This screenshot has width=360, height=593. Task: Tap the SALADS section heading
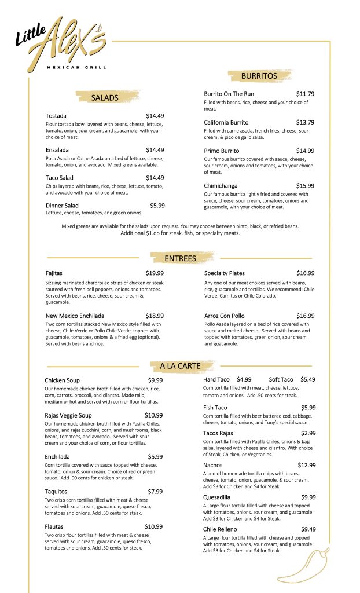(x=105, y=98)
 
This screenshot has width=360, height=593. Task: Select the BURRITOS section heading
(x=259, y=76)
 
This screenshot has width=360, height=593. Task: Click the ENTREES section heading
(x=180, y=258)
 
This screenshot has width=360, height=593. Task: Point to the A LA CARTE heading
(x=180, y=366)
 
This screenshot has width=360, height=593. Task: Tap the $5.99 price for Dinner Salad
(x=157, y=206)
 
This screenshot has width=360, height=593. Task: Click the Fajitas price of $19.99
(x=155, y=273)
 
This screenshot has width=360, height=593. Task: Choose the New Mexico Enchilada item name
(x=75, y=316)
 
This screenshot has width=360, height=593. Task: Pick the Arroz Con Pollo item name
(x=225, y=316)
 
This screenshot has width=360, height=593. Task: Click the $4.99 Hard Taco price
(x=244, y=379)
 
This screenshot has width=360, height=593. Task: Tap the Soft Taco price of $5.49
(x=307, y=379)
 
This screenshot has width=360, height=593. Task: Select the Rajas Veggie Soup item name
(x=68, y=415)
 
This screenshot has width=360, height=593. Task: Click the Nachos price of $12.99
(x=306, y=465)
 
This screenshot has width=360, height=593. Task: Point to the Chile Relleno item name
(x=220, y=529)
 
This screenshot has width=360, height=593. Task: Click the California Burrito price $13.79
(x=305, y=123)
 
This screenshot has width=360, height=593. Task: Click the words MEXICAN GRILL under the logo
(x=76, y=67)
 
